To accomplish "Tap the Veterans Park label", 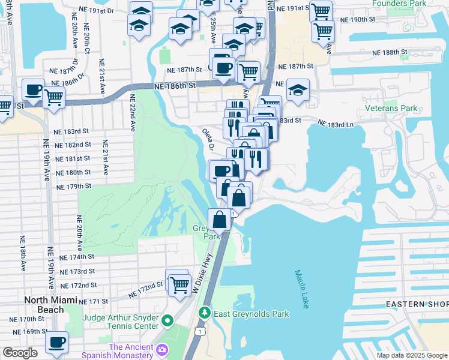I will point(391,109).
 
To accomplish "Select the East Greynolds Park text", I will point(252,314).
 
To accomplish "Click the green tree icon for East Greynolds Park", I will point(205,313).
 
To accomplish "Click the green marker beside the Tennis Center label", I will point(169,322).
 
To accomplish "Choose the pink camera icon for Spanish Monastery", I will point(161,349).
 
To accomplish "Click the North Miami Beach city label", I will point(43,305).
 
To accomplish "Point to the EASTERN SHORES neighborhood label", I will point(417,304).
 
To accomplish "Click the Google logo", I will point(20,352).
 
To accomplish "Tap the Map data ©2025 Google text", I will point(412,355).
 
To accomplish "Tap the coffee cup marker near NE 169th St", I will point(57,343).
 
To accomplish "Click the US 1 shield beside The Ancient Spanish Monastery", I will point(199,331).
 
